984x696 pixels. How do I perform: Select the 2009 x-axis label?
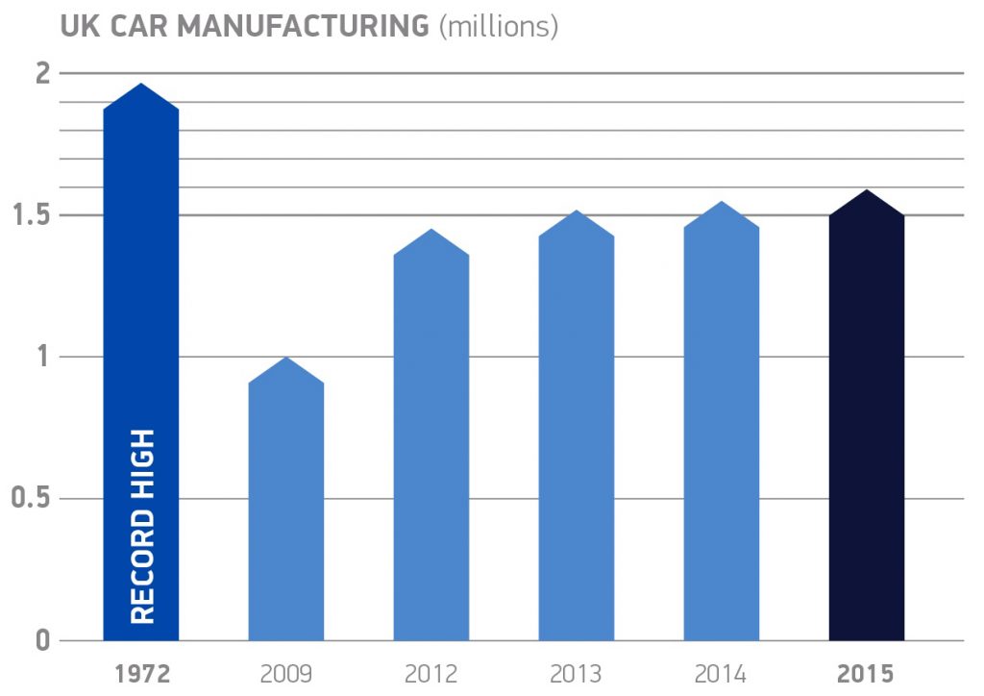coord(285,673)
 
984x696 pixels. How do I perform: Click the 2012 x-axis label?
coord(431,673)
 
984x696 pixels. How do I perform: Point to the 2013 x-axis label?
coord(577,673)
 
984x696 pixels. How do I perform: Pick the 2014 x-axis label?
coord(722,673)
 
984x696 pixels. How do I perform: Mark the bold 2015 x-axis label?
coord(867,673)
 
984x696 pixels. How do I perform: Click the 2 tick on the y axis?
coord(42,74)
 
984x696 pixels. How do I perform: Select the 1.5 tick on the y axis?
coord(33,215)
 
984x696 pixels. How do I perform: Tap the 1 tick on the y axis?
coord(43,358)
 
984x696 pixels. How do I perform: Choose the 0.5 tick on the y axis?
coord(32,499)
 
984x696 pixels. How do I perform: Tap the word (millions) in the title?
coord(498,27)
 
